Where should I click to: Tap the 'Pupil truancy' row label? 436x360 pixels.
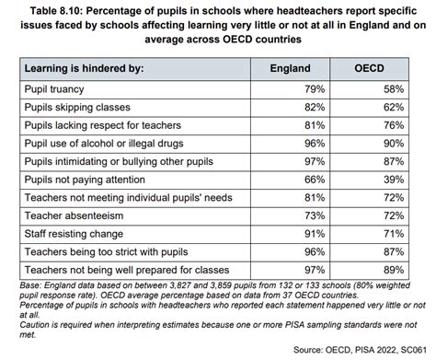pos(58,89)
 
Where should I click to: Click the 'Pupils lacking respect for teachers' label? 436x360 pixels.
pos(106,125)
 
